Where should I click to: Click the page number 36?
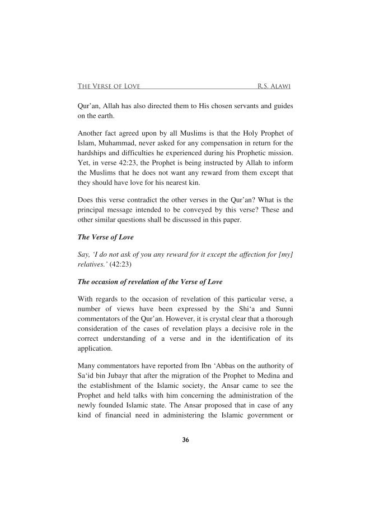[185, 439]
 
